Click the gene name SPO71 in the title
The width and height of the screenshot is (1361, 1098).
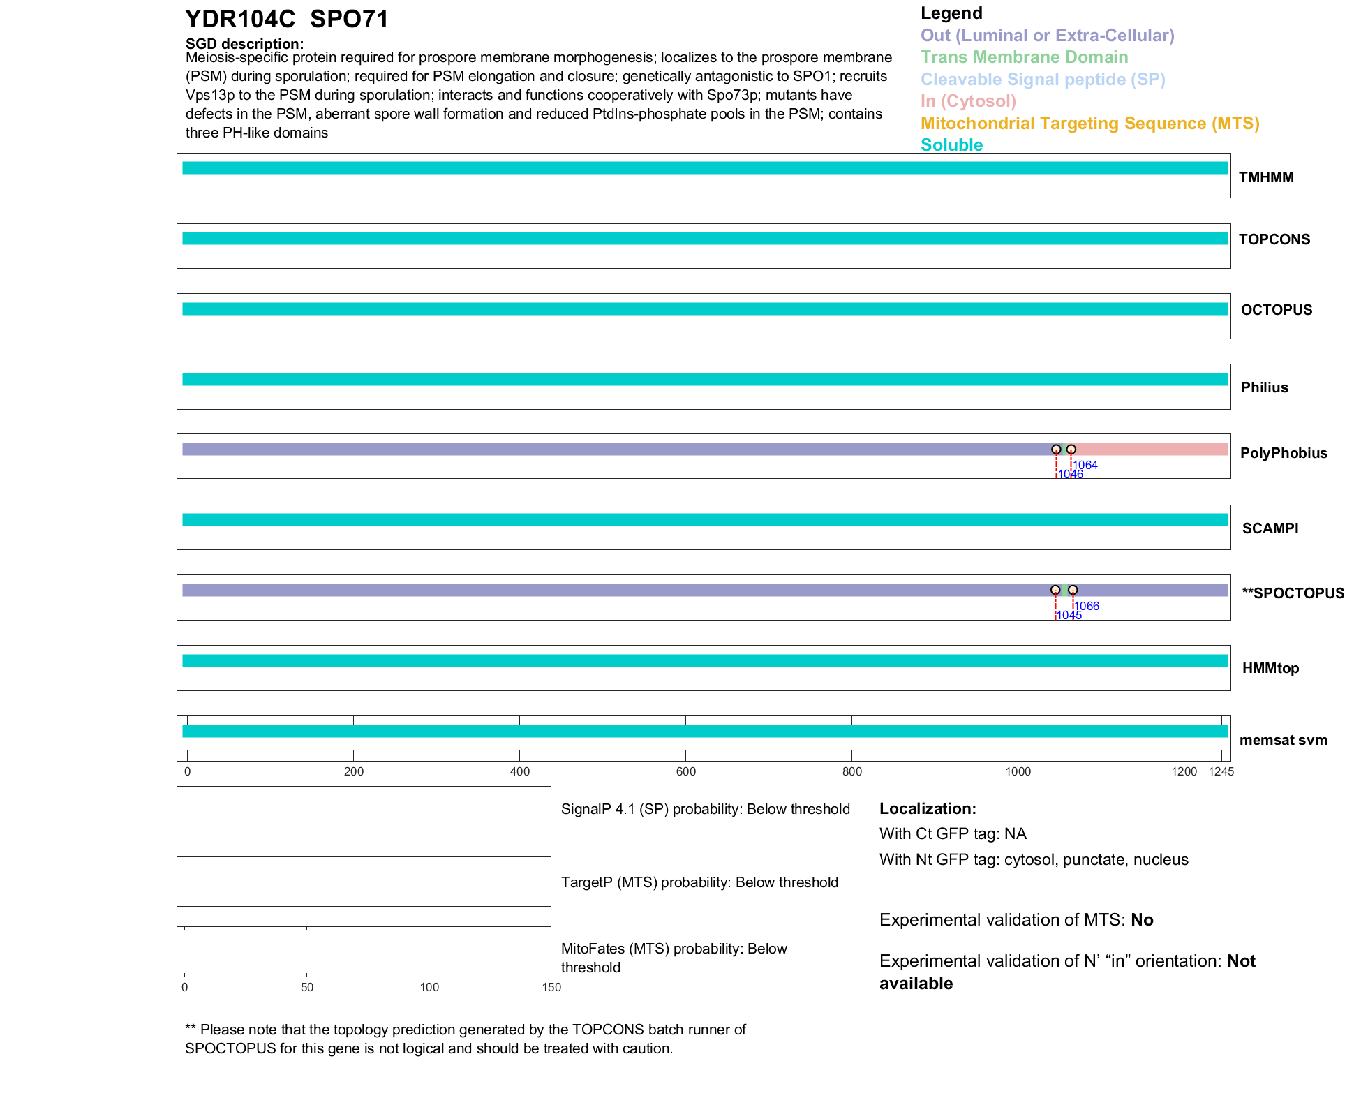(x=349, y=20)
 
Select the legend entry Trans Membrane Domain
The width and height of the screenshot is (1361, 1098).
(x=1024, y=57)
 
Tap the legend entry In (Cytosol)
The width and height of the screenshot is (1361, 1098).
(x=968, y=101)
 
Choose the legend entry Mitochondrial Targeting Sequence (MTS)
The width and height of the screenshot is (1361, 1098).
(x=1089, y=124)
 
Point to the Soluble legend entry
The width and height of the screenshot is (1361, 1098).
(x=951, y=145)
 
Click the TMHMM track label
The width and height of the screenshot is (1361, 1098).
(x=1265, y=177)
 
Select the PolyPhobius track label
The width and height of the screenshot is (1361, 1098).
(x=1283, y=453)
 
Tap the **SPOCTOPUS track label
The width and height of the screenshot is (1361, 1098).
(x=1293, y=593)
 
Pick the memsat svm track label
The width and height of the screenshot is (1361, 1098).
(x=1283, y=740)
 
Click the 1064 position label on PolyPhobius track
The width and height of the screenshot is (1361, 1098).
(x=1085, y=465)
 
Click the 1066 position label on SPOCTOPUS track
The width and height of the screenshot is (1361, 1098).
(x=1087, y=606)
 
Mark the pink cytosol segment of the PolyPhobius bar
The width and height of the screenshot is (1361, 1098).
(x=1152, y=450)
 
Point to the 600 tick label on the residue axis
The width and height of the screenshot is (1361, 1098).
(x=685, y=771)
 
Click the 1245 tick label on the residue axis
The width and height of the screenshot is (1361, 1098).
(x=1221, y=771)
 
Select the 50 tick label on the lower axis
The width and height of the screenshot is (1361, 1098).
(x=307, y=987)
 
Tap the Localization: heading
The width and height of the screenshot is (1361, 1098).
(x=928, y=809)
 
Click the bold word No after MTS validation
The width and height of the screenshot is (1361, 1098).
(x=1142, y=920)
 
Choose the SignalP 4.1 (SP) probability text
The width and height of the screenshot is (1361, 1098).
(x=705, y=809)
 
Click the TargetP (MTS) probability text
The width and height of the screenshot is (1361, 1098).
(x=699, y=882)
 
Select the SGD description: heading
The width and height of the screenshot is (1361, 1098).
(x=244, y=44)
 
